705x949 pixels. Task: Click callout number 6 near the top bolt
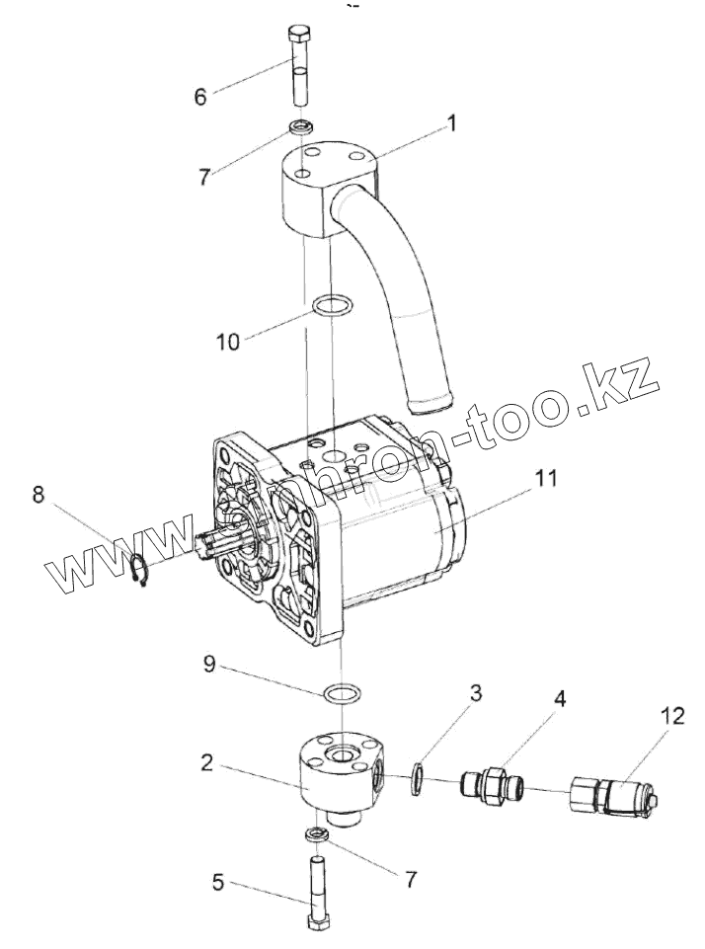click(200, 98)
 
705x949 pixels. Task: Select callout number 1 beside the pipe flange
click(451, 125)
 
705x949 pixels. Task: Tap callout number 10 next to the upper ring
click(228, 343)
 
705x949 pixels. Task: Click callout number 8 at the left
click(39, 494)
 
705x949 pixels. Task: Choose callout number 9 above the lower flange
click(209, 665)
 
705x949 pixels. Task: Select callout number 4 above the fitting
click(560, 698)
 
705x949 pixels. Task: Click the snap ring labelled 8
click(141, 570)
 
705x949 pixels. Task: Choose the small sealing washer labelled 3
click(419, 776)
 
